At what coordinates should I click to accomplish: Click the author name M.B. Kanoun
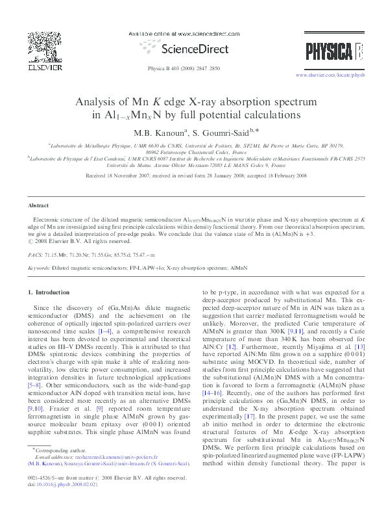point(153,133)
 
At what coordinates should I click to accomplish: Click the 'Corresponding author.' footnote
point(60,467)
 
